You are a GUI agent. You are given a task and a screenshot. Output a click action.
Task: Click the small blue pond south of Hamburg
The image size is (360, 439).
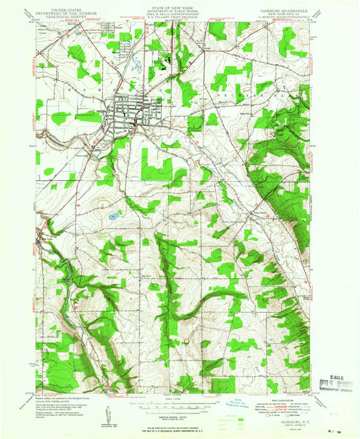tap(112, 217)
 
